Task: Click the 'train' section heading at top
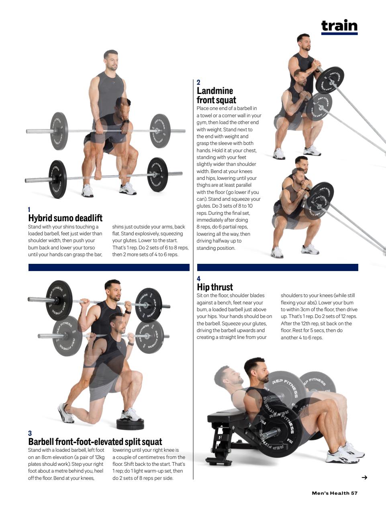pyautogui.click(x=339, y=25)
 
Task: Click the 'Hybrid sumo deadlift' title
pyautogui.click(x=65, y=218)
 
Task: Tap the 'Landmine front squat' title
pyautogui.click(x=216, y=96)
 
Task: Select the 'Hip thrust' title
pyautogui.click(x=214, y=287)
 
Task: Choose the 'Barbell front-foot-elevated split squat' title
pyautogui.click(x=95, y=442)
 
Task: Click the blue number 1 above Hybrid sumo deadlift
pyautogui.click(x=29, y=210)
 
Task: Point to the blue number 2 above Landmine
pyautogui.click(x=198, y=82)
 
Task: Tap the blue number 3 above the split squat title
pyautogui.click(x=30, y=433)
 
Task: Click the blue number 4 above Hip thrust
pyautogui.click(x=198, y=279)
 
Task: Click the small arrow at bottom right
pyautogui.click(x=364, y=477)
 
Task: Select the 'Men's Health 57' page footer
pyautogui.click(x=334, y=493)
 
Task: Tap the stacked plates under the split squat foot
pyautogui.click(x=130, y=424)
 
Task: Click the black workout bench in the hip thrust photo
pyautogui.click(x=225, y=422)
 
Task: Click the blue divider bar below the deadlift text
pyautogui.click(x=109, y=267)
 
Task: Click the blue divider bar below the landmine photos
pyautogui.click(x=277, y=267)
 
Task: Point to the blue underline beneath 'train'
pyautogui.click(x=339, y=34)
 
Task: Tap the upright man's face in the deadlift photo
pyautogui.click(x=110, y=61)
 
